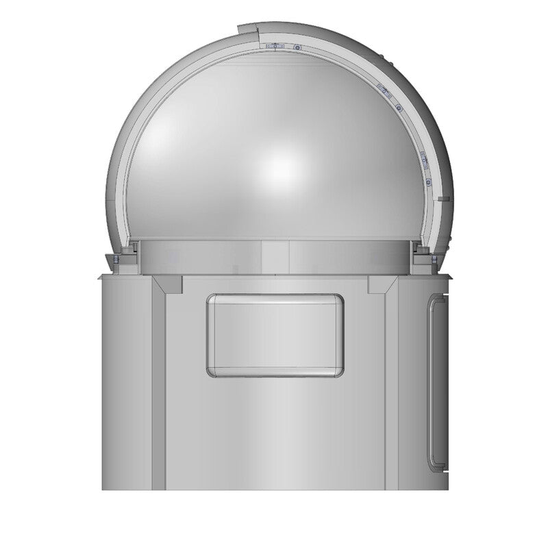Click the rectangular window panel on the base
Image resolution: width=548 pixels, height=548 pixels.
click(275, 335)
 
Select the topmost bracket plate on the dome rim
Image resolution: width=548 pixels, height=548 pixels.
click(275, 46)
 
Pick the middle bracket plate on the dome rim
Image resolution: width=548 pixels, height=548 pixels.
click(384, 90)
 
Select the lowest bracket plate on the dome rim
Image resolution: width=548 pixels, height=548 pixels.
click(423, 159)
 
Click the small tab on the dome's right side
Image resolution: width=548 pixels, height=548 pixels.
click(444, 199)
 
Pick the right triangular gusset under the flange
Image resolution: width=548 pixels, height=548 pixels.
click(382, 284)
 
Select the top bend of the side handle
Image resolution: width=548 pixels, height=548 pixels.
click(437, 297)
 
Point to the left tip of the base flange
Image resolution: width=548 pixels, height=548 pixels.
click(99, 277)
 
